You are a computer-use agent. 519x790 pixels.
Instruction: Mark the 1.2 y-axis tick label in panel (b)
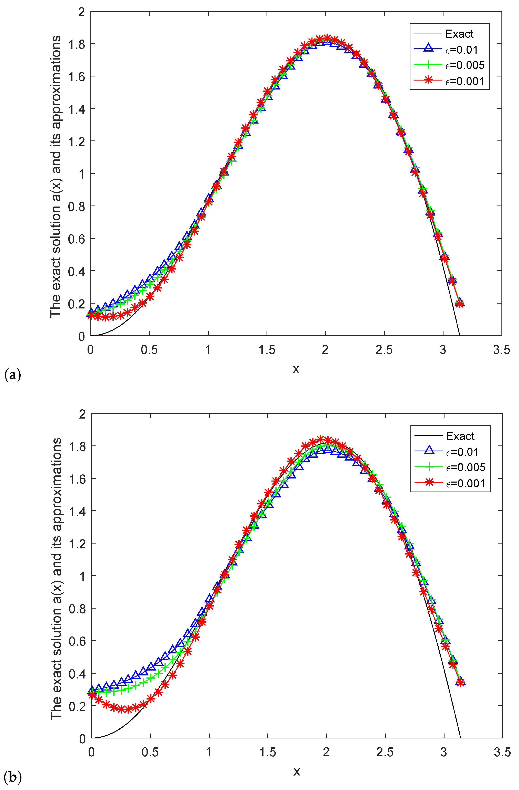77,543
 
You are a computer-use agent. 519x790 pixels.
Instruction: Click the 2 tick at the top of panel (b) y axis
82,414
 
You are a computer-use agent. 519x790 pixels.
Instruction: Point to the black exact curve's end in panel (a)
460,335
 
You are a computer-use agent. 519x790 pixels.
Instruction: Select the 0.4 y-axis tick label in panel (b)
77,674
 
